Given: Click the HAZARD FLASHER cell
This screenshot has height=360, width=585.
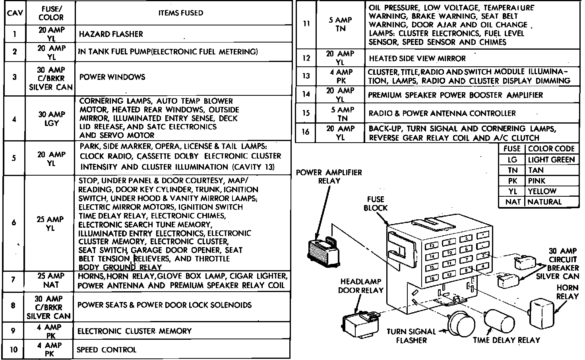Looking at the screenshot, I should (111, 34).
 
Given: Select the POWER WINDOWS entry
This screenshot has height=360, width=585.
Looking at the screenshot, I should (112, 77).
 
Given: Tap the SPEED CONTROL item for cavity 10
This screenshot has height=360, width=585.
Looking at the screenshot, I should (107, 350).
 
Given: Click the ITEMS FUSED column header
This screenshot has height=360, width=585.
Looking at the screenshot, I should (180, 13).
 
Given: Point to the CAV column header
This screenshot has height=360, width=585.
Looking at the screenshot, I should (15, 13).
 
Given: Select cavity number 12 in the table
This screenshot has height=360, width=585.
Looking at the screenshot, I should (306, 58).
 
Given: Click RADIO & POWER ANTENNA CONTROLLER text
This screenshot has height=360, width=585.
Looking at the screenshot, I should (442, 113).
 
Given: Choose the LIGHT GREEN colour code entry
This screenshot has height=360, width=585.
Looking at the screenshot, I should (551, 160).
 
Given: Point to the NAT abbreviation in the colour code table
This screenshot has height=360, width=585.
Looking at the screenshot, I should (513, 202).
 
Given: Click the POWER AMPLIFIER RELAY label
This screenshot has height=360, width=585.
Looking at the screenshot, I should (329, 176).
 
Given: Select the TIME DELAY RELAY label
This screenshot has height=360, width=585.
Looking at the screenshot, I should (506, 340).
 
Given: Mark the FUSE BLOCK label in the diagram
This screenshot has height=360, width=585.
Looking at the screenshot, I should (376, 203).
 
